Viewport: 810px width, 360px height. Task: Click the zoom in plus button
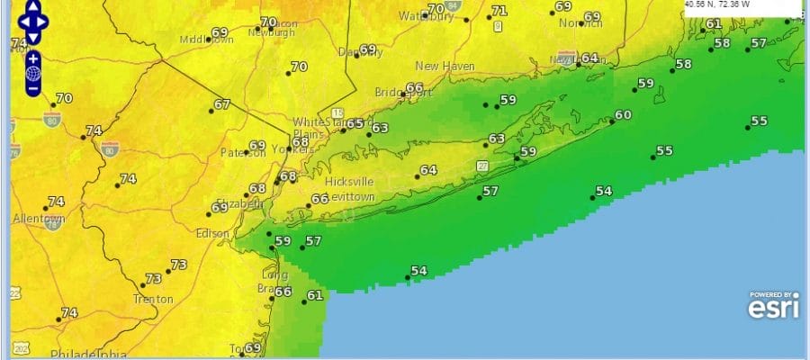click(32, 59)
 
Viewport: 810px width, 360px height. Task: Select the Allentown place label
click(39, 219)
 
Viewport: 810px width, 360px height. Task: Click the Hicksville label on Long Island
click(349, 181)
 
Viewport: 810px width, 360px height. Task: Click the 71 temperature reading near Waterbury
click(499, 11)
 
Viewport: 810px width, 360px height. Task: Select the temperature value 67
click(221, 104)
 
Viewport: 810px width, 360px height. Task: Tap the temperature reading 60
click(623, 115)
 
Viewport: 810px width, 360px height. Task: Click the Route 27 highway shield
click(482, 166)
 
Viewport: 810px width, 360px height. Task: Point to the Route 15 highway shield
click(337, 112)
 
